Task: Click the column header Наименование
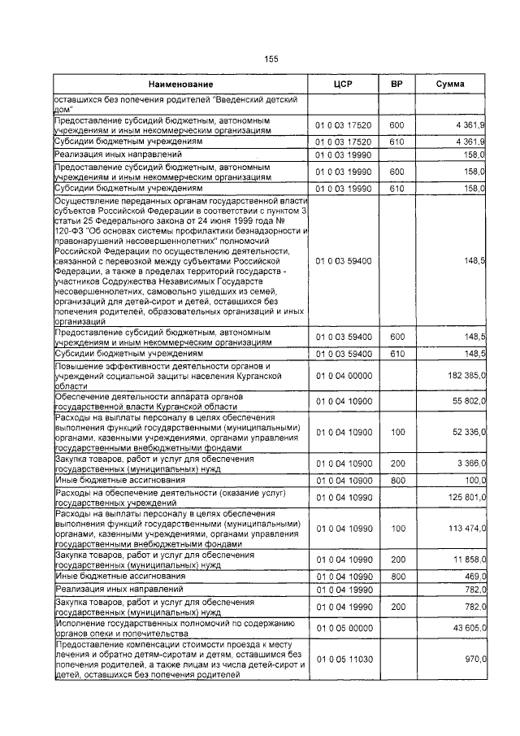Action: pos(180,85)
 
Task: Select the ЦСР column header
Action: pos(342,85)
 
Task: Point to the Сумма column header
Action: pos(450,85)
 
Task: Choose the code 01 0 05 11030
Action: pos(342,660)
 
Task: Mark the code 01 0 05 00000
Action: pos(342,627)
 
